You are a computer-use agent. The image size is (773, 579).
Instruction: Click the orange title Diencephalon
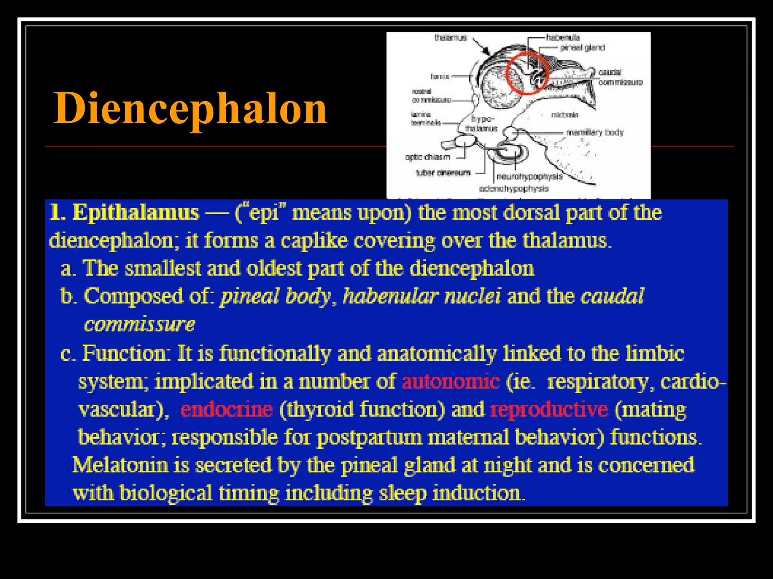tap(190, 109)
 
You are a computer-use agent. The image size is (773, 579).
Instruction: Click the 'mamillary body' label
tap(595, 132)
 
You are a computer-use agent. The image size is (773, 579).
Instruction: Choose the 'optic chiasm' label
tap(428, 157)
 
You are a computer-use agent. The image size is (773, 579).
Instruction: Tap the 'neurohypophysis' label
tap(529, 176)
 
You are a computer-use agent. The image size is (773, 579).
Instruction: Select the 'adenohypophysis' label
tap(514, 188)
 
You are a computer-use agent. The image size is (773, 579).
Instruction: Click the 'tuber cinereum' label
tap(443, 173)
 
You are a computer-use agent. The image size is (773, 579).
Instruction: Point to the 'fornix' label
tap(440, 77)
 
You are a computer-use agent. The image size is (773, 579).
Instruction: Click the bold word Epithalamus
tap(136, 213)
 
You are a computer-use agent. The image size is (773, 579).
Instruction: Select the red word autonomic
tap(451, 381)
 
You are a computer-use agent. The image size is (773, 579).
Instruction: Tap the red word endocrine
tap(226, 409)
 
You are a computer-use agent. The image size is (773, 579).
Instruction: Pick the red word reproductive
tap(549, 409)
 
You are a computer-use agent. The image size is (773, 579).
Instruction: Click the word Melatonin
tap(120, 465)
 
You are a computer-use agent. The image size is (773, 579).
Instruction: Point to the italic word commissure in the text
tap(139, 324)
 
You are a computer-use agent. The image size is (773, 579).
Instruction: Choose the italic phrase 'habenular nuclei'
tap(422, 296)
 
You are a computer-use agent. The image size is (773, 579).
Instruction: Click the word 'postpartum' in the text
tap(369, 437)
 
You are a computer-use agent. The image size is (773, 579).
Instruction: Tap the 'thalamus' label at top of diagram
tap(450, 37)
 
